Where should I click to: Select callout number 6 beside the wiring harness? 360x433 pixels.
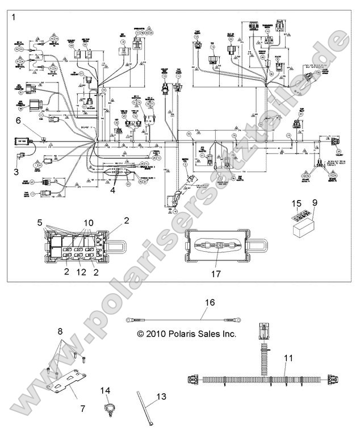pyautogui.click(x=18, y=120)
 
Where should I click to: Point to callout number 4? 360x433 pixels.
pyautogui.click(x=113, y=190)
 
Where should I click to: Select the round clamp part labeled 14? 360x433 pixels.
pyautogui.click(x=107, y=409)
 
